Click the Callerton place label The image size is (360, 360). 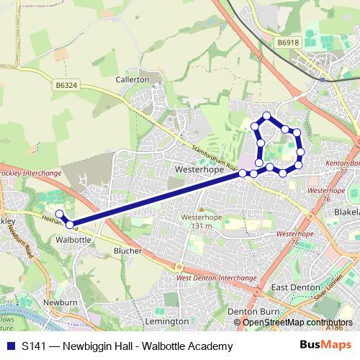132,79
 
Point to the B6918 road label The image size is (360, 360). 287,44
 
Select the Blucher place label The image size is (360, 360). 127,250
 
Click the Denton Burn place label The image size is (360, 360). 248,311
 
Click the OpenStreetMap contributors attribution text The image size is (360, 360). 297,323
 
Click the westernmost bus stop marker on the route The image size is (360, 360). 59,214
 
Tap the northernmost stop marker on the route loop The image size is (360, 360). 266,116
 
